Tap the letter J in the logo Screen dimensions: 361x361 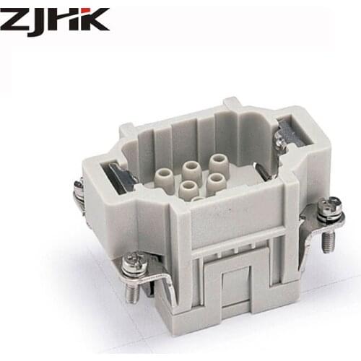pos(41,19)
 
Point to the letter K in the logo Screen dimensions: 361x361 pos(95,19)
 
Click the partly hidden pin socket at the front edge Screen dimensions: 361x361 pos(197,199)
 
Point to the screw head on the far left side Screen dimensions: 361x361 pos(78,189)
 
